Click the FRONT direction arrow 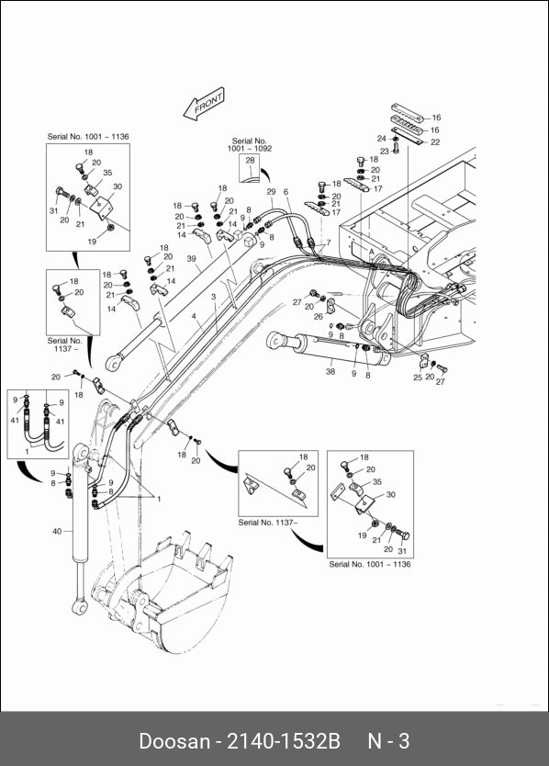click(204, 104)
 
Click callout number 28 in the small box click(250, 160)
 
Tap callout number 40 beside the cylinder click(57, 531)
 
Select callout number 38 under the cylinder click(331, 371)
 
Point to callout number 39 click(191, 258)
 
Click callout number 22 click(435, 142)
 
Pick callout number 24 click(382, 139)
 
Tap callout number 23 click(385, 152)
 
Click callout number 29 click(271, 192)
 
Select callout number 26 click(319, 317)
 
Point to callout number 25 click(418, 377)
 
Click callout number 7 click(329, 242)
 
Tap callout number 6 click(286, 192)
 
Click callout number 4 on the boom click(194, 317)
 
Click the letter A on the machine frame click(372, 252)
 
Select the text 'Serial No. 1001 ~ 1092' click(249, 144)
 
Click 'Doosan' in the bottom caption click(174, 741)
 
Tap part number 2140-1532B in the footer click(284, 741)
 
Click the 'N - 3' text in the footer click(388, 741)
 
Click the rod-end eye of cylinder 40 click(79, 606)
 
